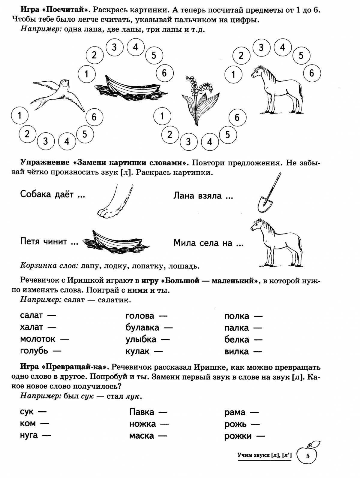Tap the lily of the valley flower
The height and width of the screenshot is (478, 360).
click(196, 99)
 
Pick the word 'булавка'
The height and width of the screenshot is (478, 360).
click(142, 327)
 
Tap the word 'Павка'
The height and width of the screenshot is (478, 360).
click(142, 412)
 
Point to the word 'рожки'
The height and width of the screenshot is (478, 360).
click(238, 436)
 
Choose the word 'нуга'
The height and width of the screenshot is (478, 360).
click(29, 435)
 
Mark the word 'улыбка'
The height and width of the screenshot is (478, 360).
click(141, 339)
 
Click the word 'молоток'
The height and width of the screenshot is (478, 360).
click(38, 339)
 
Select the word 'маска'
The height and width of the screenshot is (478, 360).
click(142, 436)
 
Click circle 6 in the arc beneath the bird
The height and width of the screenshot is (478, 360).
click(94, 117)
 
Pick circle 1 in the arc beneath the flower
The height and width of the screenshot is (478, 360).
click(162, 116)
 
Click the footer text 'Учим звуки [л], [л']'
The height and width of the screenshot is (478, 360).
click(264, 455)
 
